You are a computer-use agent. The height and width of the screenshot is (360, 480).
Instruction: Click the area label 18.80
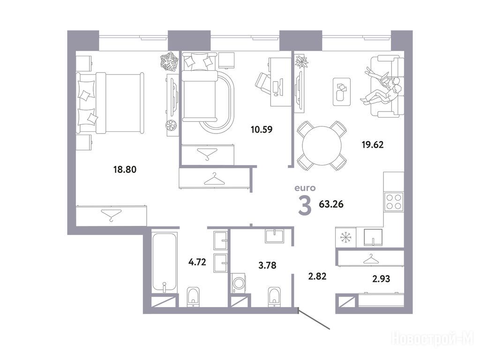coord(125,169)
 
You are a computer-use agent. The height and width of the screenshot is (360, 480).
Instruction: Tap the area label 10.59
coord(262,129)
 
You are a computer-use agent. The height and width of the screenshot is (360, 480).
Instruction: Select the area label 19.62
coord(373,144)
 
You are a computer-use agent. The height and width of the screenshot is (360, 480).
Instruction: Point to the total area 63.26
coord(331,204)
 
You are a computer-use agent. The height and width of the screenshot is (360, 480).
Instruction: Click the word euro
coord(305,188)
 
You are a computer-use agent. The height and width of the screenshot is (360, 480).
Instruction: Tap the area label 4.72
coord(197,262)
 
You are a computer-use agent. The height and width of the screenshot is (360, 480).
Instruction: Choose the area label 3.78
coord(267,265)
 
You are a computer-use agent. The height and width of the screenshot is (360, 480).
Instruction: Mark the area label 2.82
coord(317,276)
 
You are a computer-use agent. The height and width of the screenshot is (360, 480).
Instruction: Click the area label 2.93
coord(381,278)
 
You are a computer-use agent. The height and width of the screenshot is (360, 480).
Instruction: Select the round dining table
coord(322,146)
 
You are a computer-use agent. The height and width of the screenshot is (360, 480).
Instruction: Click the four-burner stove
coord(394,202)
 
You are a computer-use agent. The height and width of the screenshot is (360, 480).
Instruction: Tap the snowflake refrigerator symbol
coord(346,237)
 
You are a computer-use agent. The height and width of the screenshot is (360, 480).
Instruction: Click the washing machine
coord(240,283)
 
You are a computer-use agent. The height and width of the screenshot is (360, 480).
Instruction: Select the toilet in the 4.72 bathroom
coord(193,297)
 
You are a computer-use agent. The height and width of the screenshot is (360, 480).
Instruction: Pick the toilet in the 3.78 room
coord(274,297)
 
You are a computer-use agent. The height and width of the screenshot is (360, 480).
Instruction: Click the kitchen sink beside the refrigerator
coord(373,237)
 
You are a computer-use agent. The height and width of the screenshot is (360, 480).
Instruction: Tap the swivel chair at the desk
coord(263,83)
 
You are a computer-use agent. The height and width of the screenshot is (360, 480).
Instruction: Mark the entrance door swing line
coord(314,320)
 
